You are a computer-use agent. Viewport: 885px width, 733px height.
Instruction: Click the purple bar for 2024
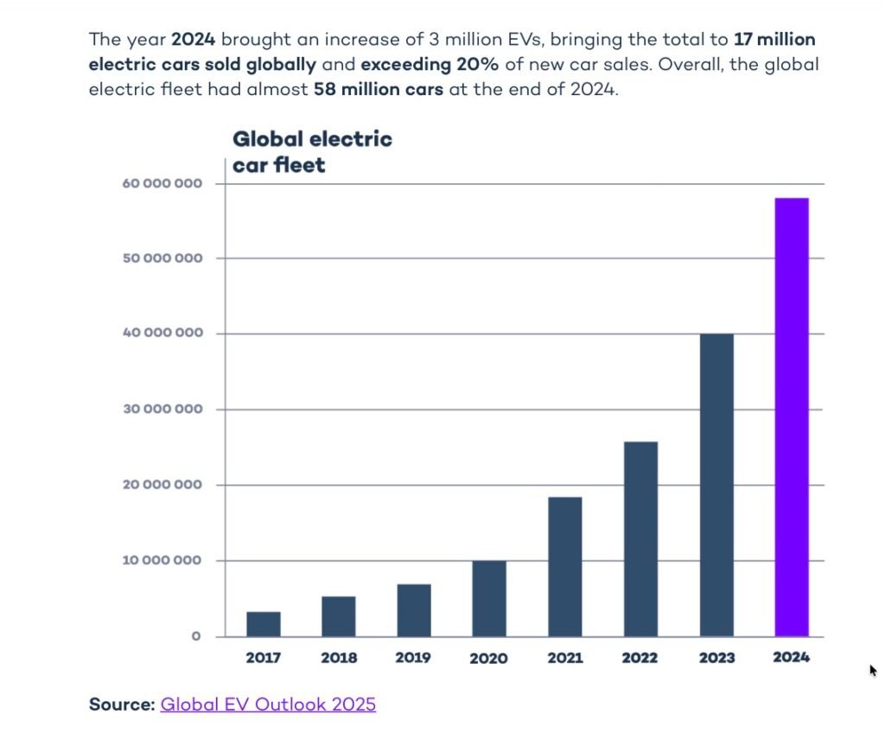pyautogui.click(x=791, y=417)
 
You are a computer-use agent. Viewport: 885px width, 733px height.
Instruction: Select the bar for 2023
pyautogui.click(x=716, y=485)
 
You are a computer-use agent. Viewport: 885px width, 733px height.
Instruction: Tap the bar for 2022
pyautogui.click(x=640, y=539)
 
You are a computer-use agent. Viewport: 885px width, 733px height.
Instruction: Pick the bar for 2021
pyautogui.click(x=564, y=567)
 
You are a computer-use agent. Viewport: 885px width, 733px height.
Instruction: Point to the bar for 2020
pyautogui.click(x=489, y=599)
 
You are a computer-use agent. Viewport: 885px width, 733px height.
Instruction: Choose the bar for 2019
pyautogui.click(x=414, y=610)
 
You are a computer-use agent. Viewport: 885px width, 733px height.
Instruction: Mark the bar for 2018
pyautogui.click(x=338, y=616)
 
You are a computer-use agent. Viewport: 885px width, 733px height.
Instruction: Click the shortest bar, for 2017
pyautogui.click(x=263, y=624)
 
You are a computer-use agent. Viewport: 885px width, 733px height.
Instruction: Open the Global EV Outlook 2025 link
pyautogui.click(x=268, y=704)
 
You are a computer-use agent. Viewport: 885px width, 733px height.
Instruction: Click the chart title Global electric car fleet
pyautogui.click(x=312, y=151)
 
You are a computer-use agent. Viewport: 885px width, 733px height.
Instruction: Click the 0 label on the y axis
pyautogui.click(x=195, y=637)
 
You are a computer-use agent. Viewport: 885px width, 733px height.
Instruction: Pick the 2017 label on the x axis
pyautogui.click(x=263, y=658)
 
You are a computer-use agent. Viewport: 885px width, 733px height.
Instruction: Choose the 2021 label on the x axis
pyautogui.click(x=564, y=658)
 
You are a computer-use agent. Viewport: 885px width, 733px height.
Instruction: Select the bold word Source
pyautogui.click(x=122, y=704)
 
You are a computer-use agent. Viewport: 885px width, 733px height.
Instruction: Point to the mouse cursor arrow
pyautogui.click(x=873, y=669)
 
